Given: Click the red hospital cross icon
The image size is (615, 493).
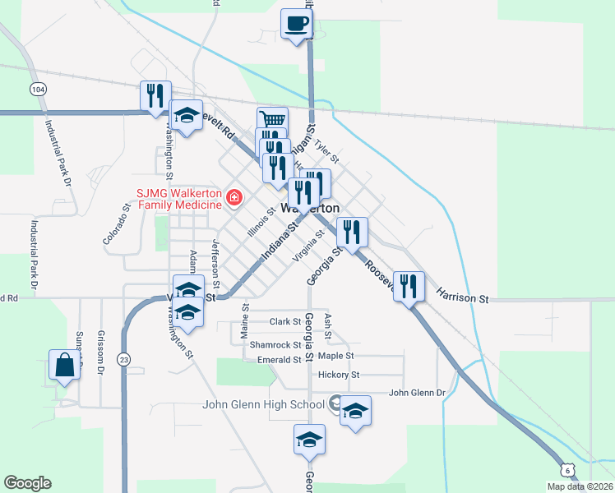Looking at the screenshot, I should click(x=234, y=197).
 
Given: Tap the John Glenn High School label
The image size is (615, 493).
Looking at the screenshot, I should click(x=263, y=404).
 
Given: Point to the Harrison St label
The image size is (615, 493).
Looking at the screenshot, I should click(x=462, y=295).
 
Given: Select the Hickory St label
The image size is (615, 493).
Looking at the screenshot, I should click(x=339, y=375).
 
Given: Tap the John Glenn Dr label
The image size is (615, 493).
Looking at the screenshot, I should click(x=416, y=393).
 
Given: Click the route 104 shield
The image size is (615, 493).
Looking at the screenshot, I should click(x=36, y=88).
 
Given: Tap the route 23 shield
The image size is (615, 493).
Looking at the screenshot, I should click(x=124, y=358).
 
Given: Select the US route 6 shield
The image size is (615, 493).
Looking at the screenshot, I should click(x=567, y=468).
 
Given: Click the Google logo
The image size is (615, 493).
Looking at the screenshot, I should click(x=27, y=483).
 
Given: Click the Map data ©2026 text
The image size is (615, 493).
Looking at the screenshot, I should click(x=580, y=486).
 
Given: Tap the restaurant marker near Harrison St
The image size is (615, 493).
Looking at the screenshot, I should click(x=409, y=286).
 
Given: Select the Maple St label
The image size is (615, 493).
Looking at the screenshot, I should click(x=335, y=356).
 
